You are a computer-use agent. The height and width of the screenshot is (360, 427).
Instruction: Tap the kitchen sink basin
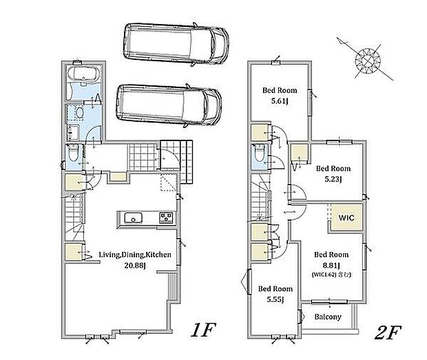pyautogui.click(x=133, y=218)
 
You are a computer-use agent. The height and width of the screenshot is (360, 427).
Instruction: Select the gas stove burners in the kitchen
pyautogui.click(x=167, y=218)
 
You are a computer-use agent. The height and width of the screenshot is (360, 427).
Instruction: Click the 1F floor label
pyautogui.click(x=203, y=330)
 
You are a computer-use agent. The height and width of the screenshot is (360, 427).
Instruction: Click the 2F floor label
pyautogui.click(x=388, y=332)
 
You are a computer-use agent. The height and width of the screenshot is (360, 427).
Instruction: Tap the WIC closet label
pyautogui.click(x=346, y=218)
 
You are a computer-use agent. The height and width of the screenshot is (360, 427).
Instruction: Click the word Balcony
pyautogui.click(x=328, y=317)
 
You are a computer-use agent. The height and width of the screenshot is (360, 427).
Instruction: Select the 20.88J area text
pyautogui.click(x=135, y=265)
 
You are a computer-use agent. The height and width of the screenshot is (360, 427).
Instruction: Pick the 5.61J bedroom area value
pyautogui.click(x=280, y=101)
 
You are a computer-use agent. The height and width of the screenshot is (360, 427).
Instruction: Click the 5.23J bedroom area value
pyautogui.click(x=333, y=179)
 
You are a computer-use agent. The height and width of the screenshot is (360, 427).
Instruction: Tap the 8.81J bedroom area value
pyautogui.click(x=331, y=265)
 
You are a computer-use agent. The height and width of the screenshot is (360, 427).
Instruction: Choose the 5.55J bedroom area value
pyautogui.click(x=275, y=299)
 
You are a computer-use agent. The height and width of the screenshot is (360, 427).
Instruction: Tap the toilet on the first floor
pyautogui.click(x=73, y=153)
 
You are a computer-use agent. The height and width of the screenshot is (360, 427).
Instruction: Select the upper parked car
pyautogui.click(x=176, y=44)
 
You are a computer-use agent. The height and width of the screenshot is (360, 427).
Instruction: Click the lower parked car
pyautogui.click(x=169, y=105)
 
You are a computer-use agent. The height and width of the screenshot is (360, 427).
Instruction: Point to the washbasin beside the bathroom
pyautogui.click(x=79, y=113)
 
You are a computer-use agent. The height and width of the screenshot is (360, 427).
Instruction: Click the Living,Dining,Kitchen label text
pyautogui.click(x=135, y=255)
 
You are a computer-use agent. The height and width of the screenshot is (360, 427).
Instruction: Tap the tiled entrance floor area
pyautogui.click(x=143, y=157)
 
